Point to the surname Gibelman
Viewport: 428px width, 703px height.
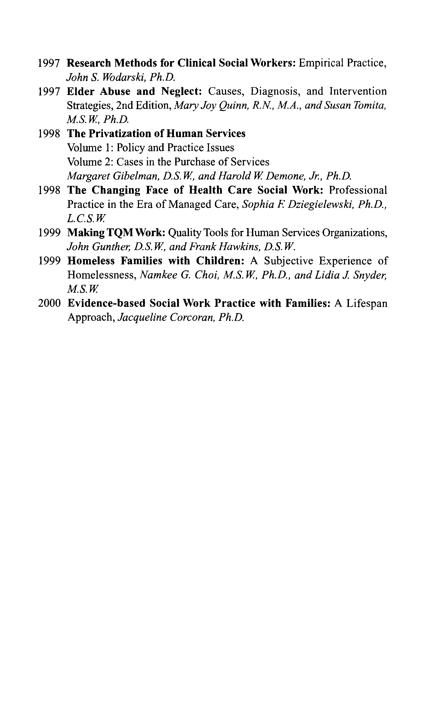[136, 176]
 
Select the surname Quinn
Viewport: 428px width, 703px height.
[234, 106]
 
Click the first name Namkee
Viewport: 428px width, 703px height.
[158, 275]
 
